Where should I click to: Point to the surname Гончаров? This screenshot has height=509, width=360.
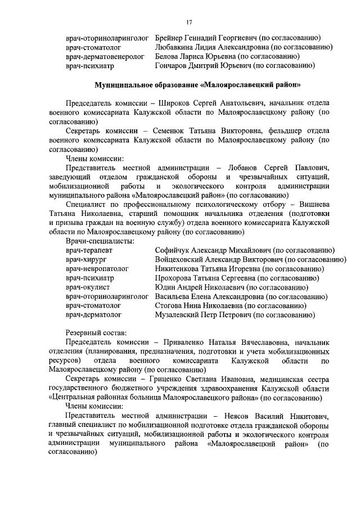[173, 66]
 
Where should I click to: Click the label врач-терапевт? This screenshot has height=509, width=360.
[89, 250]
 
